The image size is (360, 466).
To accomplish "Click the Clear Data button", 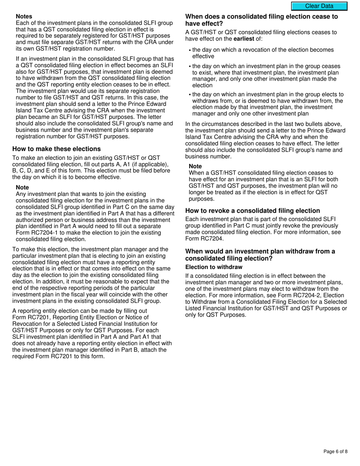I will pyautogui.click(x=319, y=6).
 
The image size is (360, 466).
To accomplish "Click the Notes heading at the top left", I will pyautogui.click(x=24, y=16).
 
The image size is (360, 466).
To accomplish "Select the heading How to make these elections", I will pyautogui.click(x=56, y=149).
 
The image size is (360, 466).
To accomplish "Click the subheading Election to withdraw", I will pyautogui.click(x=214, y=267).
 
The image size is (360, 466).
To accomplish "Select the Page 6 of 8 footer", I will pyautogui.click(x=335, y=451).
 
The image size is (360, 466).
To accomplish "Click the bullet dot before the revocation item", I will pyautogui.click(x=190, y=50).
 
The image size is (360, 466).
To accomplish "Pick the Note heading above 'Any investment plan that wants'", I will pyautogui.click(x=22, y=188).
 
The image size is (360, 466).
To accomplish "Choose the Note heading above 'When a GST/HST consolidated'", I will pyautogui.click(x=195, y=166).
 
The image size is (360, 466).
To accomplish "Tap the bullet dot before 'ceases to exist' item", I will pyautogui.click(x=190, y=66).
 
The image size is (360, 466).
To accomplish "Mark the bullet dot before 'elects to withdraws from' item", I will pyautogui.click(x=190, y=95).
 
